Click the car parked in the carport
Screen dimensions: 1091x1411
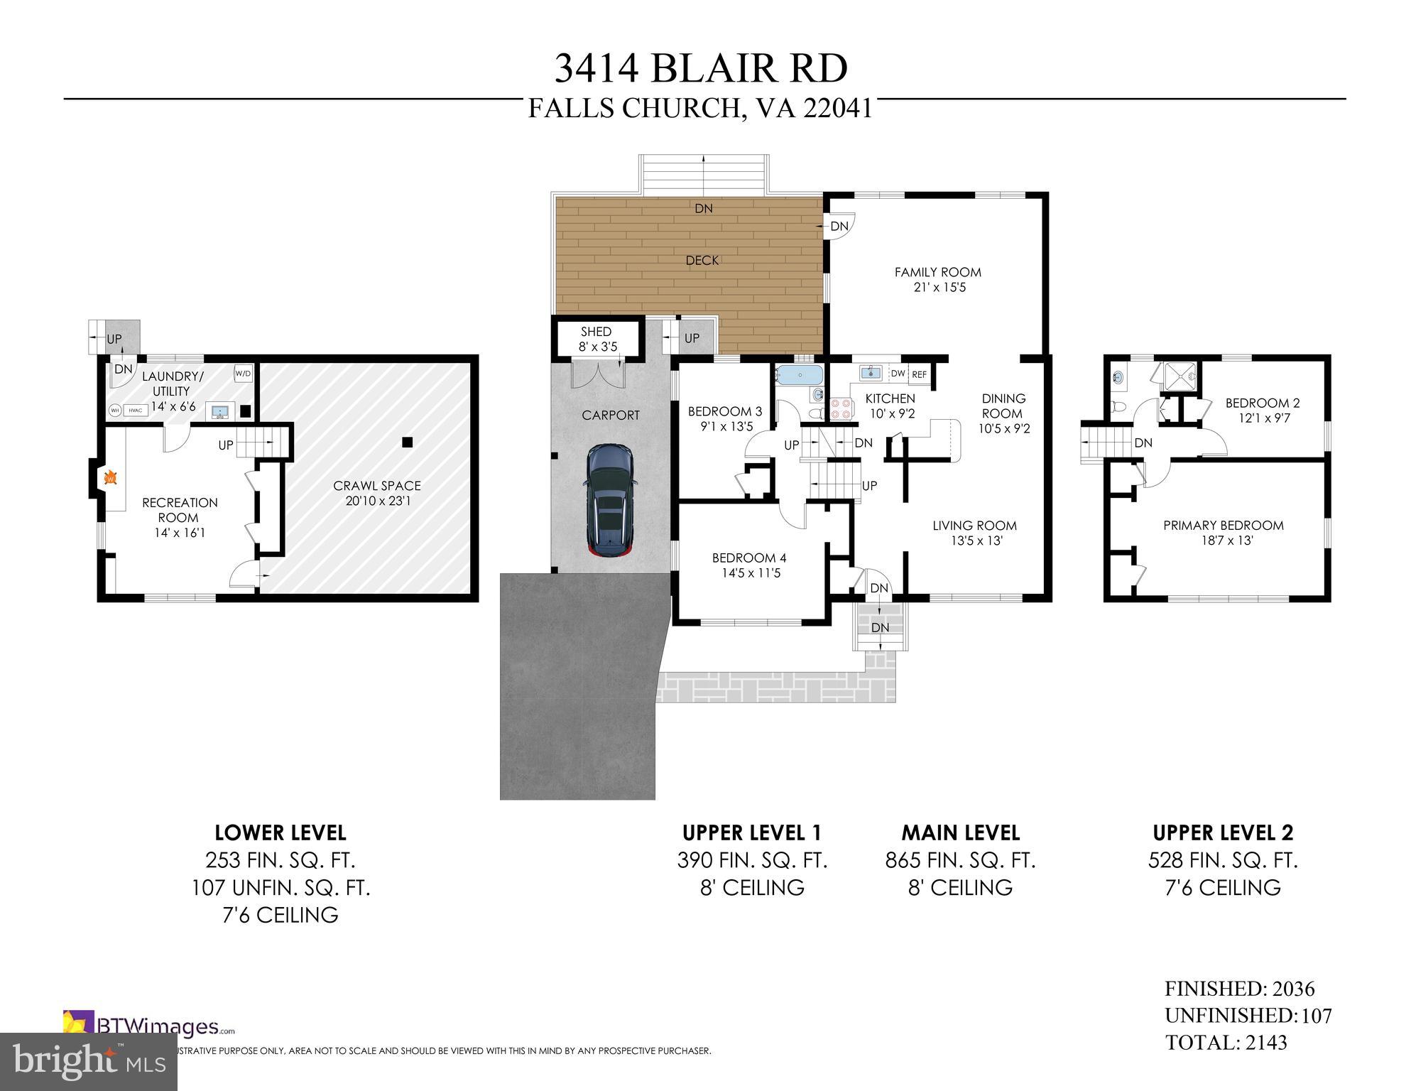coord(611,501)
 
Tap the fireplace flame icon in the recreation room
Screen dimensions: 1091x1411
coord(109,479)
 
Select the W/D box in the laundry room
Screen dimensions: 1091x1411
coord(243,373)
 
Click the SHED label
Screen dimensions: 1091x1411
coord(596,332)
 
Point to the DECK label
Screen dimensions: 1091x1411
coord(702,261)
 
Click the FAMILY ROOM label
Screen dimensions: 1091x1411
coord(937,272)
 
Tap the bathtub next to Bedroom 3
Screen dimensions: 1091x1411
coord(799,374)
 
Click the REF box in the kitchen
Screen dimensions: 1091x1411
coord(920,374)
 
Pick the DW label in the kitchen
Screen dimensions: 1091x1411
coord(898,374)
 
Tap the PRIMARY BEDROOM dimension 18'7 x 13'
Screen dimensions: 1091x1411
coord(1223,541)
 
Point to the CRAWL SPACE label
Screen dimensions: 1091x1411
coord(377,486)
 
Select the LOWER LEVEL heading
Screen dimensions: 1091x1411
coord(280,832)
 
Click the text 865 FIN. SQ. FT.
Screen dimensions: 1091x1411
coord(960,861)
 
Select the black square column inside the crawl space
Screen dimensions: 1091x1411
coord(407,443)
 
